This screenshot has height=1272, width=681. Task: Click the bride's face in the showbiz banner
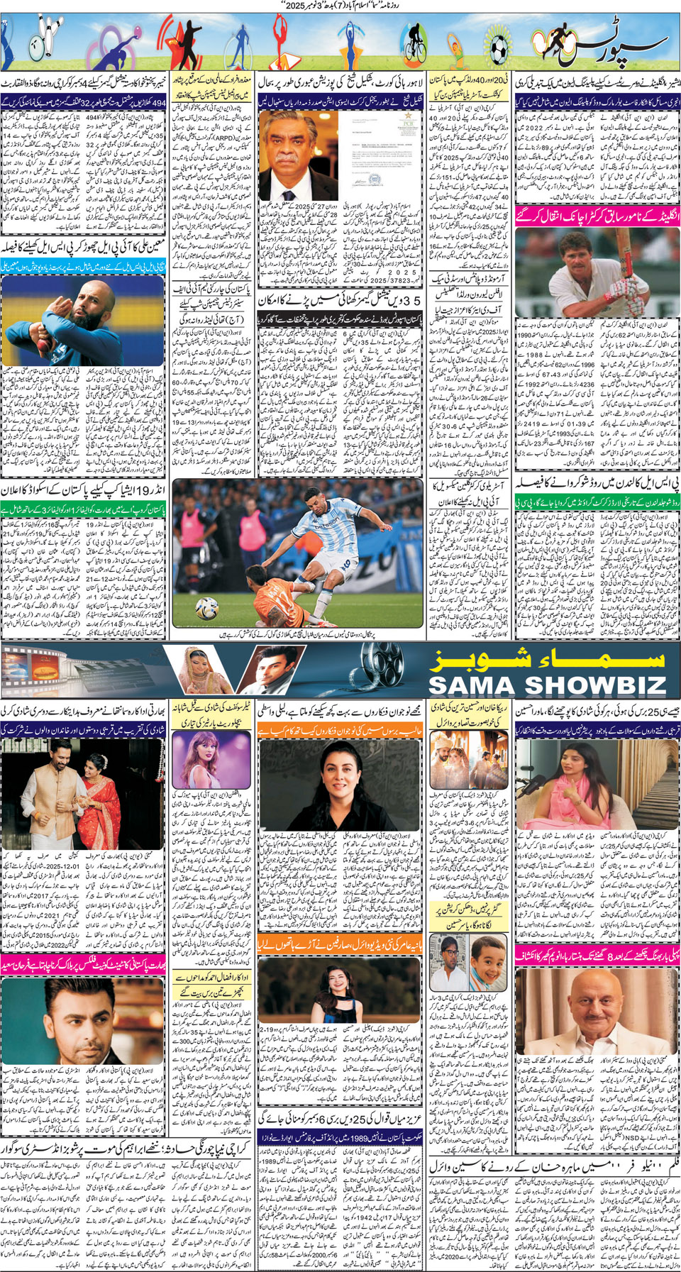point(200,663)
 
